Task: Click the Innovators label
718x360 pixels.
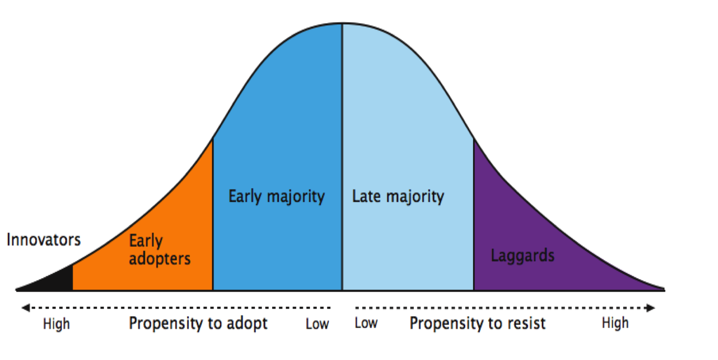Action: point(44,240)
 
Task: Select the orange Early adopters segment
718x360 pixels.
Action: point(157,220)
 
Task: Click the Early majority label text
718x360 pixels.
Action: point(276,197)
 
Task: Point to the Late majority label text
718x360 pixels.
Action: point(398,197)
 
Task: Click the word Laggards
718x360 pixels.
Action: point(522,256)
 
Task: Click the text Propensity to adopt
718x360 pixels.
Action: point(198,323)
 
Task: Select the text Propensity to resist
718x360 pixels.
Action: point(477,323)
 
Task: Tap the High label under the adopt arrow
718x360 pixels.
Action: point(56,324)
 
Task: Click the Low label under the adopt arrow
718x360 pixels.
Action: point(317,324)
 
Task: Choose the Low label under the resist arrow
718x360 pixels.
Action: point(366,323)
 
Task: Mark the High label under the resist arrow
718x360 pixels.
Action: point(615,323)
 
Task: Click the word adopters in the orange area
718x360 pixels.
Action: point(160,259)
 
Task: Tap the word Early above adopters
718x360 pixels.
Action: point(146,241)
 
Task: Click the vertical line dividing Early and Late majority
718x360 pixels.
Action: point(342,157)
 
